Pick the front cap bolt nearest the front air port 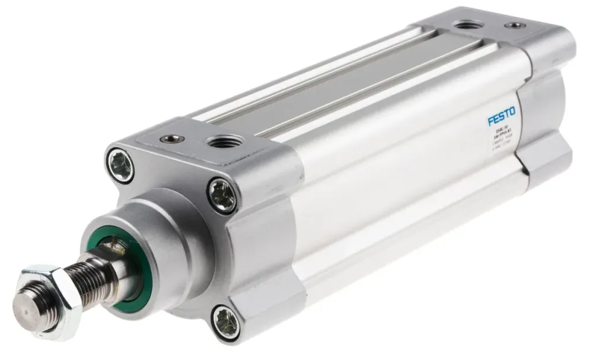point(222,196)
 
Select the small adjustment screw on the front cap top point(173,139)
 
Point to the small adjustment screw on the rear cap point(514,26)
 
